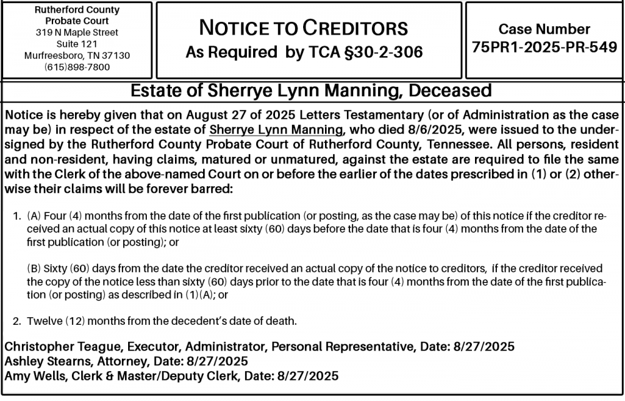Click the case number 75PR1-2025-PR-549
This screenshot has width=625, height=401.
tap(544, 48)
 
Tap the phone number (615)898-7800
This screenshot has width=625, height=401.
tap(77, 66)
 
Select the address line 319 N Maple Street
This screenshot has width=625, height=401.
tap(77, 32)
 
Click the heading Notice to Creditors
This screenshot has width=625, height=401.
tap(303, 28)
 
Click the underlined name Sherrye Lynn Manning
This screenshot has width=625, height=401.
tap(276, 130)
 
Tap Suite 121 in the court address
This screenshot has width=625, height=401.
tap(77, 44)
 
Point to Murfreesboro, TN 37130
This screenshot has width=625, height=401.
tap(77, 55)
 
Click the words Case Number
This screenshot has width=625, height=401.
tap(544, 29)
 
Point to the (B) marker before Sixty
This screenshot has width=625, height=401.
tap(34, 269)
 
